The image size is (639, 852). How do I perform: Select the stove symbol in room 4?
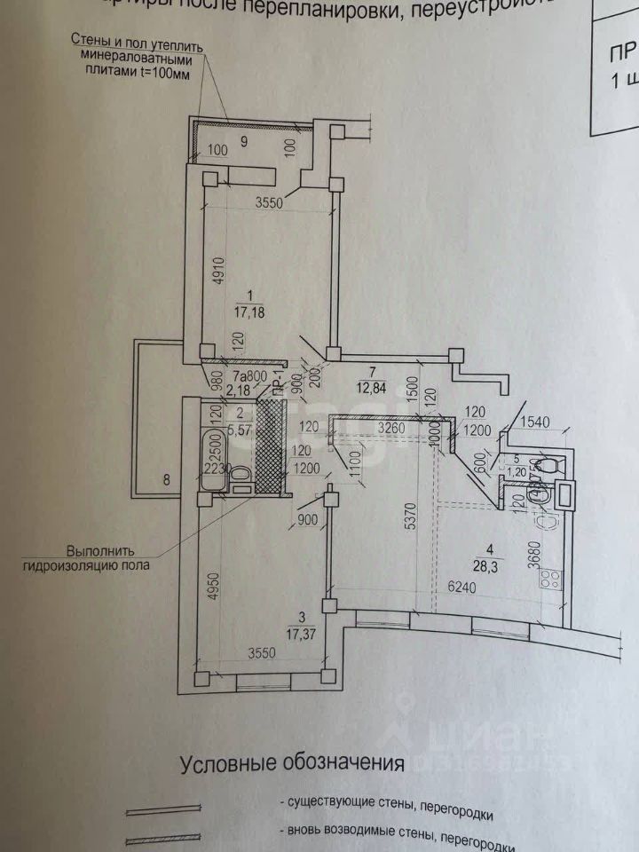550,580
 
